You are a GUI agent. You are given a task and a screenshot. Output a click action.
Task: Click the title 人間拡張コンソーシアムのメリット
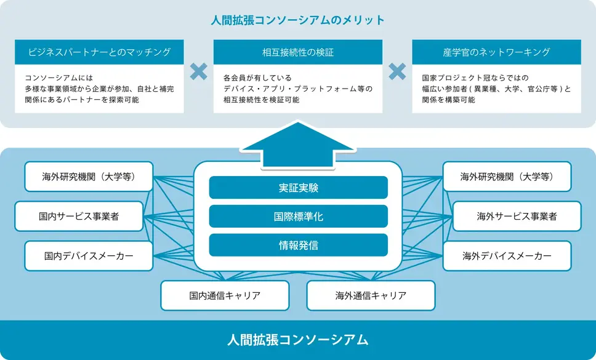[x=298, y=20]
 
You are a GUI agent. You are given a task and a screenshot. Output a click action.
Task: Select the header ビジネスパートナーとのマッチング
[x=99, y=52]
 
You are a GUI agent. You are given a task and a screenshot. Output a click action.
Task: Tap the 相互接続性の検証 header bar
[x=298, y=52]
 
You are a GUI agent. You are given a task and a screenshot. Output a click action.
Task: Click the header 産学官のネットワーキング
[x=496, y=52]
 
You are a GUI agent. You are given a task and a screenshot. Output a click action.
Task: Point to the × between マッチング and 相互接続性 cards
[x=198, y=71]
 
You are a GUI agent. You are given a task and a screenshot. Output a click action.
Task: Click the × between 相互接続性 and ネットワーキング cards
[x=397, y=71]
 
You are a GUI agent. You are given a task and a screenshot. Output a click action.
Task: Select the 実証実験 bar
[x=298, y=188]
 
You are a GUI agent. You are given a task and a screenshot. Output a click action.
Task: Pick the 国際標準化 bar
[x=298, y=217]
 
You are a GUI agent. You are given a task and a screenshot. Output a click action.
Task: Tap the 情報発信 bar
[x=298, y=246]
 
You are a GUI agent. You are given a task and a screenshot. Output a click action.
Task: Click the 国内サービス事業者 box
[x=79, y=217]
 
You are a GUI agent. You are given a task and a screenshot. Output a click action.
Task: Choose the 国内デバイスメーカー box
[x=89, y=255]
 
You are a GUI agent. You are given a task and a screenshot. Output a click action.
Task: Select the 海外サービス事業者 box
[x=517, y=217]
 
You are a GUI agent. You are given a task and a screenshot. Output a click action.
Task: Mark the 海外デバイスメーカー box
[x=507, y=255]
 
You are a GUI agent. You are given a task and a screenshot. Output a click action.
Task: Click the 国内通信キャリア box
[x=225, y=295]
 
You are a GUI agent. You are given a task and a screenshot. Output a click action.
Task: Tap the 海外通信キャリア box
[x=371, y=295]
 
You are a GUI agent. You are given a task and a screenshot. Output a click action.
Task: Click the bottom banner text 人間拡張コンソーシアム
[x=298, y=340]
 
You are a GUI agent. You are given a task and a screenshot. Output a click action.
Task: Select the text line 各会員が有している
[x=257, y=78]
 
